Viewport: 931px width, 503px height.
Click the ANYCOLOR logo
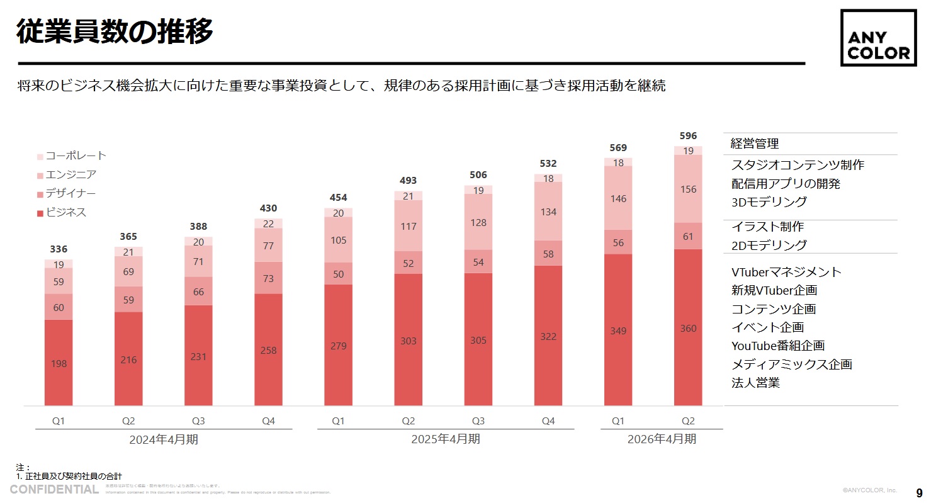click(x=878, y=38)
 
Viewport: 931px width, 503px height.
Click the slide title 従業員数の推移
click(x=115, y=31)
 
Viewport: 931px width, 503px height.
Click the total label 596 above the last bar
click(x=688, y=135)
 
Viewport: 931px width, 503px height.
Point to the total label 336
click(x=59, y=249)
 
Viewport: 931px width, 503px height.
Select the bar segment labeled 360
click(x=688, y=327)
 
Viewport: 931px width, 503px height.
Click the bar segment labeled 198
click(x=59, y=363)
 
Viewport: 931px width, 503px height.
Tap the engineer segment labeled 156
click(x=688, y=189)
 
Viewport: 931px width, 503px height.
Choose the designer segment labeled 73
click(x=269, y=278)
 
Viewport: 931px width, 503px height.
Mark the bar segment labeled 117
click(x=409, y=226)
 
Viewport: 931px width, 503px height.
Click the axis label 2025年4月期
click(x=446, y=439)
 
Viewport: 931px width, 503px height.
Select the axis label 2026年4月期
click(x=662, y=439)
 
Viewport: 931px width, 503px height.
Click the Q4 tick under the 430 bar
click(x=269, y=421)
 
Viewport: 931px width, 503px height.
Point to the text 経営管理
click(x=755, y=144)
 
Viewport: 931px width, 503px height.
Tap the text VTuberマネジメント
click(x=786, y=272)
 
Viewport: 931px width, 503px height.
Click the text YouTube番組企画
click(x=778, y=346)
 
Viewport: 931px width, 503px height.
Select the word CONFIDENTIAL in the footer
click(x=54, y=490)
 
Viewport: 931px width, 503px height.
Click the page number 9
click(x=919, y=492)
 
